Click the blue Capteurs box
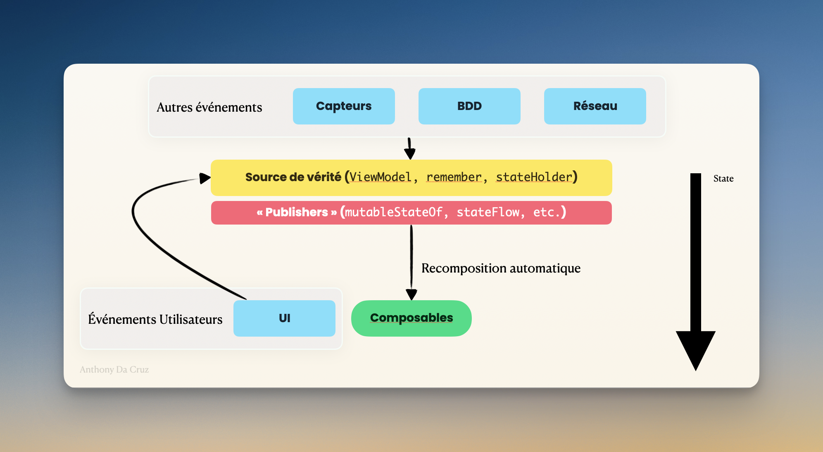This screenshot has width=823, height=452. tap(344, 106)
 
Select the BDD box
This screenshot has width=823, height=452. tap(469, 106)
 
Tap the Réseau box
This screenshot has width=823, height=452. tap(595, 106)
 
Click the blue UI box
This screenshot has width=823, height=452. tap(284, 318)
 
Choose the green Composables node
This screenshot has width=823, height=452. tap(411, 318)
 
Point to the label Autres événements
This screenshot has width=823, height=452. tap(209, 108)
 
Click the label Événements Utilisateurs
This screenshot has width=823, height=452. tap(155, 319)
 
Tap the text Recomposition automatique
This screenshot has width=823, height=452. tap(501, 268)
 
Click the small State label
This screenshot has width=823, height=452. tap(723, 179)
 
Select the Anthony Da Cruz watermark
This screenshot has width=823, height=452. tap(114, 370)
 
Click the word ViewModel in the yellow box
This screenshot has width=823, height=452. tap(381, 177)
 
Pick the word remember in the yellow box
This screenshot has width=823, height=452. tap(454, 177)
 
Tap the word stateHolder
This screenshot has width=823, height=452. tap(534, 177)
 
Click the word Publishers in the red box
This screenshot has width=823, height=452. tap(297, 212)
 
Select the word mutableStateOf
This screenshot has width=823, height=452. tap(394, 212)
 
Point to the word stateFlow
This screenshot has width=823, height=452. tap(488, 212)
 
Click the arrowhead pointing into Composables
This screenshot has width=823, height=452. tap(411, 294)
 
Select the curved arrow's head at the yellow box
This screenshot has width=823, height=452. tap(205, 178)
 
